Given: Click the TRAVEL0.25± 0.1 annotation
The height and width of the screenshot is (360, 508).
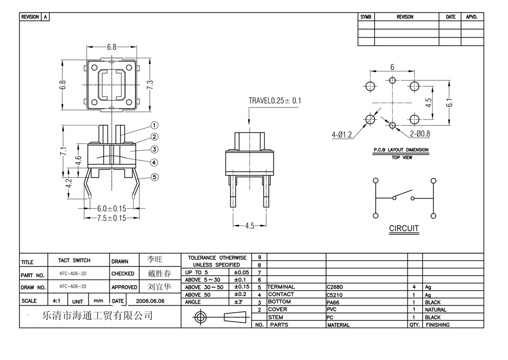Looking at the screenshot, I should (275, 100).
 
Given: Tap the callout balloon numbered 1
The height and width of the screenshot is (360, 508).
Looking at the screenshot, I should (155, 125).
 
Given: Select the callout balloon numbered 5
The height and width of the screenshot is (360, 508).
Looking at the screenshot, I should (155, 177).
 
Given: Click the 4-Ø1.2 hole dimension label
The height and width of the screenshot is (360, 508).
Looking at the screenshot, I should (342, 135).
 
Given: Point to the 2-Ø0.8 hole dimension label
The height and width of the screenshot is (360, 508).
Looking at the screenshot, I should (420, 134).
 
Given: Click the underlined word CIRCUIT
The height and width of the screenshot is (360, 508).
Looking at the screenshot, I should (404, 229).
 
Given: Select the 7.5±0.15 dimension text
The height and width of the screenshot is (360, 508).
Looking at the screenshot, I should (111, 218).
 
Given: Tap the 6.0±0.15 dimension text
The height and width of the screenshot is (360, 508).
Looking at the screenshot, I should (111, 209).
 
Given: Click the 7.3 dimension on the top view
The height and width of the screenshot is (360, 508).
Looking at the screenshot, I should (150, 85).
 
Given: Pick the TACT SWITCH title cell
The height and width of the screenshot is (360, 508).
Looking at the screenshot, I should (74, 260).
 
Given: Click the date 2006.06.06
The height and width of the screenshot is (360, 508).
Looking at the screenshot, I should (150, 301).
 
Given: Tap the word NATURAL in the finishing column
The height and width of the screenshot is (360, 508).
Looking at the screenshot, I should (436, 310).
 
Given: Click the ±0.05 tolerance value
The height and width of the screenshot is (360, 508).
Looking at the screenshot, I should (241, 272).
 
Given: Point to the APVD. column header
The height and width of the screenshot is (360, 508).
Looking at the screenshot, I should (472, 17).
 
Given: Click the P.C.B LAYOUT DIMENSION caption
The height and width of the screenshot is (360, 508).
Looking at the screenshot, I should (401, 150).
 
